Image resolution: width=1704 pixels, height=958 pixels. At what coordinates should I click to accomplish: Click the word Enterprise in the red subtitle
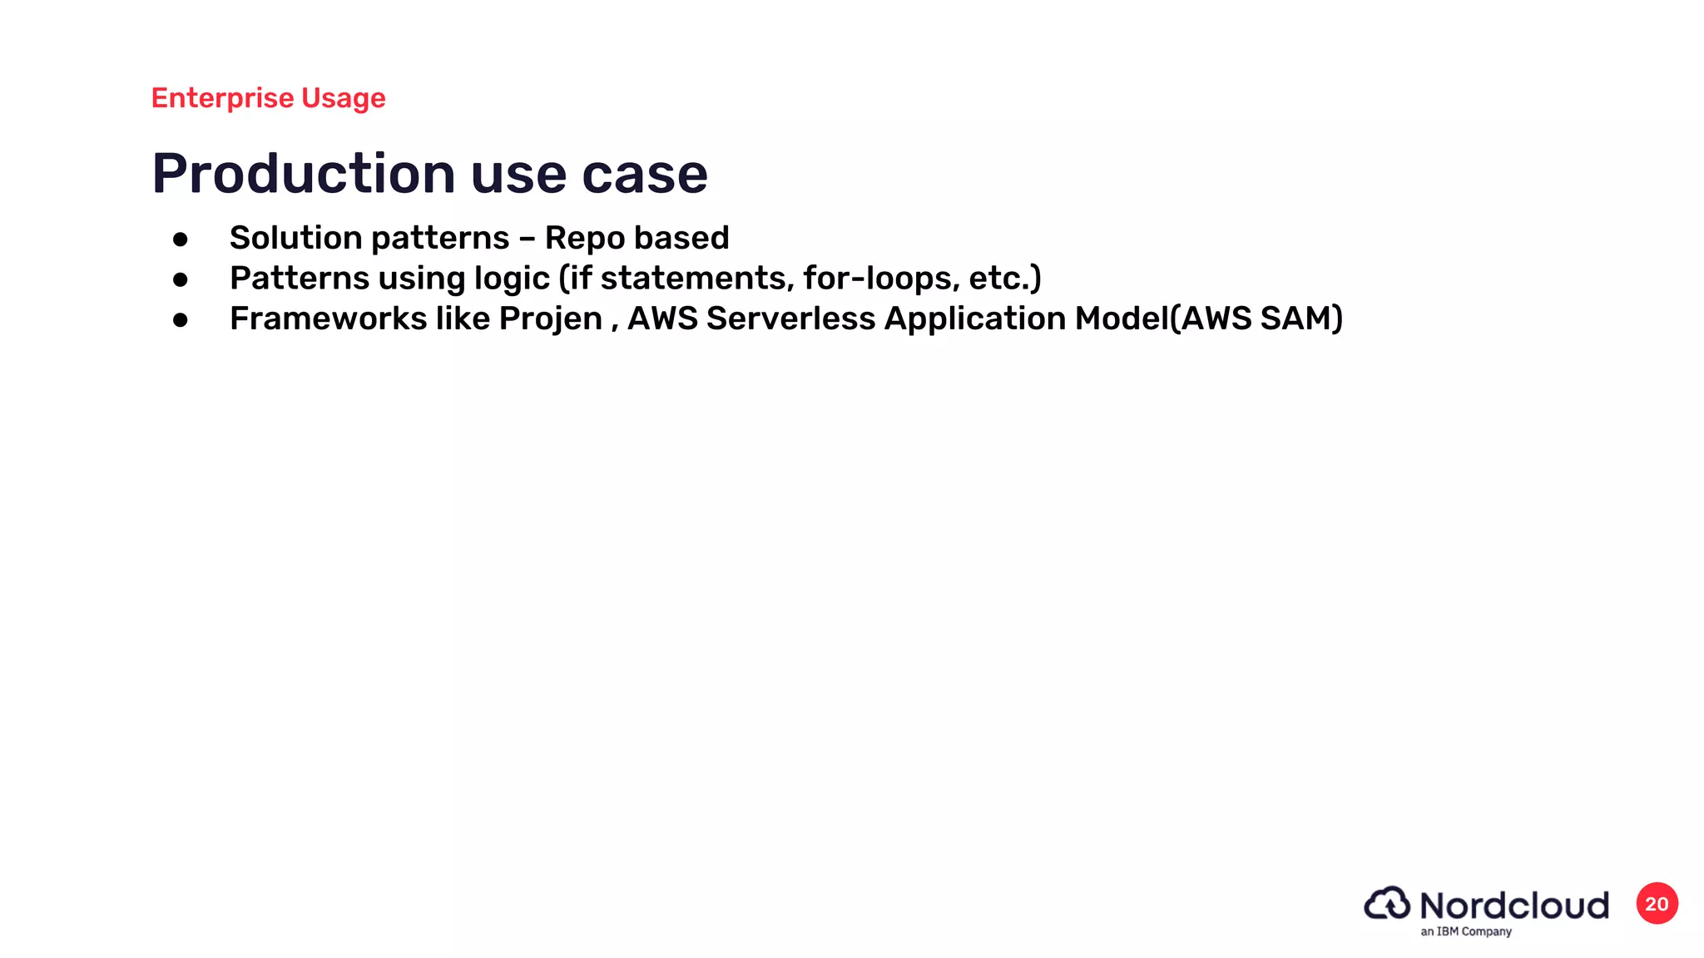pos(222,98)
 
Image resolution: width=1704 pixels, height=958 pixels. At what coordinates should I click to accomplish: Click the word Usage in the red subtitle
pos(343,98)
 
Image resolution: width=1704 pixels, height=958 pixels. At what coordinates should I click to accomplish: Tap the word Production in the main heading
pos(303,174)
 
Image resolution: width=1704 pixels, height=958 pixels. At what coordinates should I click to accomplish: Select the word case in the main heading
pos(644,174)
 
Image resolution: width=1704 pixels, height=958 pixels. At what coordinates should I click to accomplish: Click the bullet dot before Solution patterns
pos(181,239)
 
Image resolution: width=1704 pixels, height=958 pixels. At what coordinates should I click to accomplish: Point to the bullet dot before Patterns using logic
pos(181,279)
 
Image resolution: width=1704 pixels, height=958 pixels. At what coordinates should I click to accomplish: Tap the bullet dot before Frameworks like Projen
pos(181,319)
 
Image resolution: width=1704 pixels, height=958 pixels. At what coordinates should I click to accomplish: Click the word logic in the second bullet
pos(512,279)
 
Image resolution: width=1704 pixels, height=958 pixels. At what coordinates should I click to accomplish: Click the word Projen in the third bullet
pos(550,319)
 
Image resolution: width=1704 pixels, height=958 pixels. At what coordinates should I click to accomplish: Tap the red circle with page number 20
pos(1657,904)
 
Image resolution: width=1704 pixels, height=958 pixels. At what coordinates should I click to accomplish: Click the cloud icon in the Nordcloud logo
pos(1387,903)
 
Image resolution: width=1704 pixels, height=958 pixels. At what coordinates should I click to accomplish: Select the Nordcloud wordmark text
pos(1513,905)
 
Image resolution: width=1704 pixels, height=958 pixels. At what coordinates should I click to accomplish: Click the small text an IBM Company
pos(1465,931)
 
